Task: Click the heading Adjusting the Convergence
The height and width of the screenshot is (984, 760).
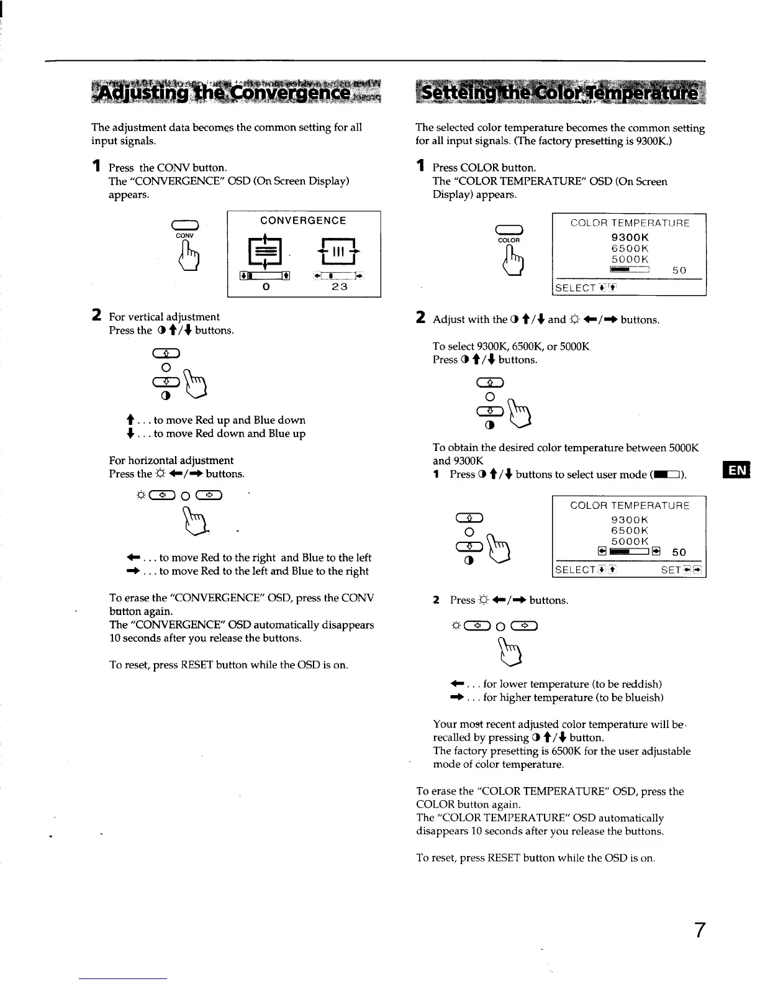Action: tap(236, 94)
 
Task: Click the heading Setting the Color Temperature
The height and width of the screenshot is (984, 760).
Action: tap(559, 95)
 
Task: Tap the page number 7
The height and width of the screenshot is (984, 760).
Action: tap(699, 930)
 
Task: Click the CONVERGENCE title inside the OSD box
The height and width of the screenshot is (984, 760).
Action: tap(303, 221)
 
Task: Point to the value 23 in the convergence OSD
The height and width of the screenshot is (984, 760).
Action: tap(339, 287)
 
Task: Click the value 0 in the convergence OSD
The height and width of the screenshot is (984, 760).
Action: tap(265, 287)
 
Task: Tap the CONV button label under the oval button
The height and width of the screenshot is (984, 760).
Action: tap(184, 236)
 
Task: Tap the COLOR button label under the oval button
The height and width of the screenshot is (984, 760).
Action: tap(509, 240)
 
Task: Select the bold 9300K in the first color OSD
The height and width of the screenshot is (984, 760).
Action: tap(630, 237)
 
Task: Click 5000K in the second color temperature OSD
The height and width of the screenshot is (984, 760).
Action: tap(630, 541)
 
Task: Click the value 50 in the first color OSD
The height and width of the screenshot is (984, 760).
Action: tap(679, 271)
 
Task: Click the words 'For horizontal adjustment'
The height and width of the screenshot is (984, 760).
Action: tap(171, 460)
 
